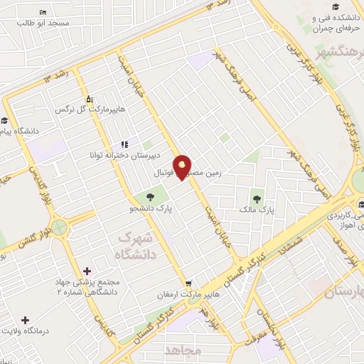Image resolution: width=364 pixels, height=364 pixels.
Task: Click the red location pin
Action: pos(183,167)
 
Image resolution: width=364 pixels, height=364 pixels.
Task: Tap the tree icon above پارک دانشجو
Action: pos(151,197)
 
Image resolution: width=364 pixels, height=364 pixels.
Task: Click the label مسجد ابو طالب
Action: pos(44,23)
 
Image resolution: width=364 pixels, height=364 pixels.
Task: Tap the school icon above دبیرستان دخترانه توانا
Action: pos(124,144)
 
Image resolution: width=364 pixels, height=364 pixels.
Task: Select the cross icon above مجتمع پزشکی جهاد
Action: pos(87,271)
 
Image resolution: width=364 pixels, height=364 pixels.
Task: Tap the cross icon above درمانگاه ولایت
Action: pos(26,321)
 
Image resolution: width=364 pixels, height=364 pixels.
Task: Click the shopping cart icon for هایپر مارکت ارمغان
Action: pos(188,282)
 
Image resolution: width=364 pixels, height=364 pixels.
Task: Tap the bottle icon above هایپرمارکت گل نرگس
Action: pos(89,100)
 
